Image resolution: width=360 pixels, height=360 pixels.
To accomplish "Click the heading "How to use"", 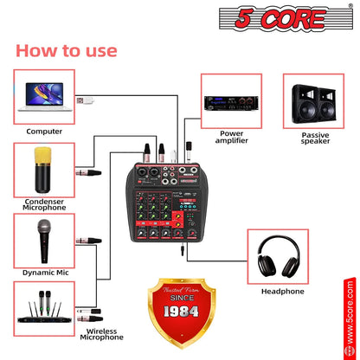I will (x=66, y=50).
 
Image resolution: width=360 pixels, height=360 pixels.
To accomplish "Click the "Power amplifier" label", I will (x=232, y=138).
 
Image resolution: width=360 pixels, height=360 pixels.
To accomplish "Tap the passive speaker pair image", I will (x=314, y=100).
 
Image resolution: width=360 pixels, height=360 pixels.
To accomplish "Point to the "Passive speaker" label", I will (x=315, y=138).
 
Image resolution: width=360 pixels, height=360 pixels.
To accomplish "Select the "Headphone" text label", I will (x=282, y=292).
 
